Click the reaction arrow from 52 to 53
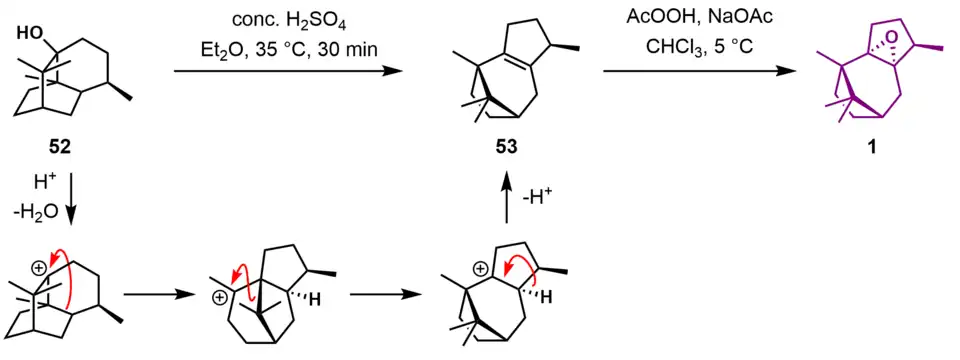pyautogui.click(x=289, y=72)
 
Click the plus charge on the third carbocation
pyautogui.click(x=481, y=268)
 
